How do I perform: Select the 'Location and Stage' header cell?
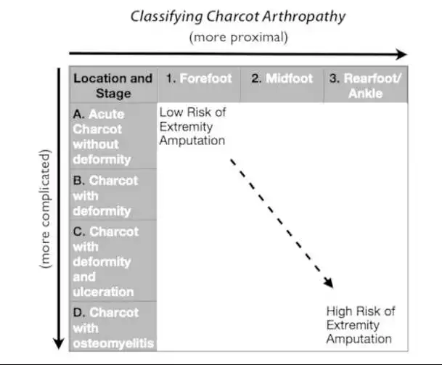click(x=113, y=86)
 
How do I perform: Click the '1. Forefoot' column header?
click(x=198, y=78)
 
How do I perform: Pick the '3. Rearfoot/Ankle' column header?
click(x=365, y=86)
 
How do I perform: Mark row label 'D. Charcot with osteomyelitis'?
click(x=113, y=327)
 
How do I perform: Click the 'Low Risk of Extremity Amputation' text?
click(x=192, y=126)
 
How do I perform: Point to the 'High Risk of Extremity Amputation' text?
click(x=361, y=325)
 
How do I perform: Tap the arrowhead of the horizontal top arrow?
click(x=401, y=54)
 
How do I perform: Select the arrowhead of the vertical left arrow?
click(x=57, y=344)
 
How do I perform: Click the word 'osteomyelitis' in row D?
click(x=113, y=343)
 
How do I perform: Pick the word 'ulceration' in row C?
click(x=104, y=292)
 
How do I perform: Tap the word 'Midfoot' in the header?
click(x=289, y=78)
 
